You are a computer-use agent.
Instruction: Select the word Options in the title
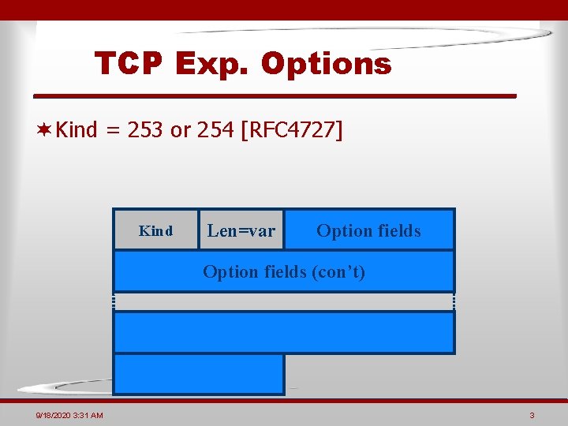(326, 64)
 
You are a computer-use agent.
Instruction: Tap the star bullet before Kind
(46, 129)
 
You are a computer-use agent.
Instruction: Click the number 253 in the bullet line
(144, 129)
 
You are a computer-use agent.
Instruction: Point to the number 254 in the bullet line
(215, 129)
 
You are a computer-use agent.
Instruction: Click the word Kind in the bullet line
(77, 129)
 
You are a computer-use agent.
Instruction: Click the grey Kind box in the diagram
(155, 230)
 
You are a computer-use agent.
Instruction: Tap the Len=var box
(241, 230)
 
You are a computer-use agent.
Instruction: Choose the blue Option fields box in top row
(368, 230)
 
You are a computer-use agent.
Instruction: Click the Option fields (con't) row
(284, 271)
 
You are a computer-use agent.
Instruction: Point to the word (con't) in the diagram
(338, 271)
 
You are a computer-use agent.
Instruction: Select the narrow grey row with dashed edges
(284, 302)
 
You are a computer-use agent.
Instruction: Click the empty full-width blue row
(284, 332)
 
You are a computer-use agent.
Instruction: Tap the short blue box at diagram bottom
(199, 374)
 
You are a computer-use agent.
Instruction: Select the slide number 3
(532, 416)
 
